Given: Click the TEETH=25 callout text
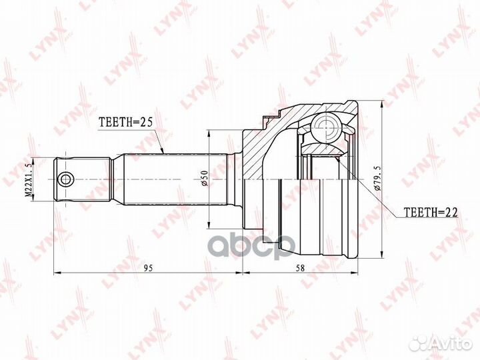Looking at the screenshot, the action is click(125, 122).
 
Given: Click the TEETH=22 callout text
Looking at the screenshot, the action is click(431, 212).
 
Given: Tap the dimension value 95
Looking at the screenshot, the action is click(148, 268).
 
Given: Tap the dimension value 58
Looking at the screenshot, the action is click(301, 268).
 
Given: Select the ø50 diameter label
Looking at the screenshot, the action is click(205, 178).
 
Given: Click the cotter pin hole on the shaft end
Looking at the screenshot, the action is click(65, 179).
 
